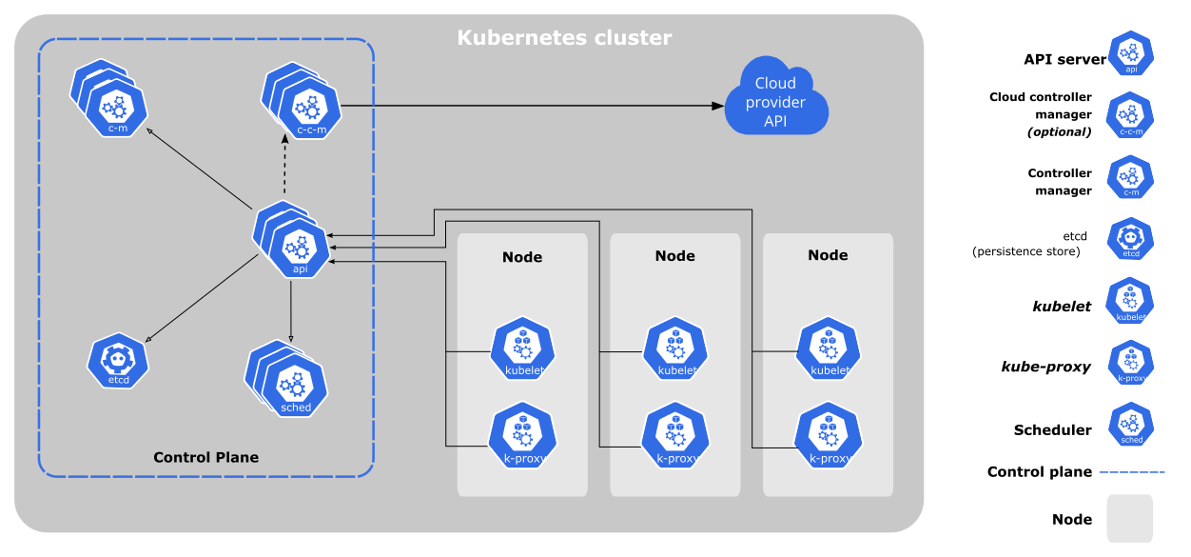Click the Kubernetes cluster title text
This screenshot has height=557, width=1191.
[564, 38]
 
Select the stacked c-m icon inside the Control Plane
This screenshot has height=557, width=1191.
[112, 101]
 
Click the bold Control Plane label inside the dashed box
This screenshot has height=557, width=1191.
[205, 457]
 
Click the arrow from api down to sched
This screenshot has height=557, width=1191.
[290, 309]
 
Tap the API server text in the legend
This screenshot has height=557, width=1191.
[1064, 59]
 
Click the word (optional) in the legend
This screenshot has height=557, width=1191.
[1059, 131]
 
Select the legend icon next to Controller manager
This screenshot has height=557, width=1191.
[1130, 178]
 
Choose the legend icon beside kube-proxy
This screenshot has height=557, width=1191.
[1130, 363]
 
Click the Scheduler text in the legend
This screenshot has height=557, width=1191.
[1052, 429]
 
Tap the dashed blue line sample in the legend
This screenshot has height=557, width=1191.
[1132, 471]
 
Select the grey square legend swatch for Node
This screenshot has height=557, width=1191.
[1129, 518]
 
